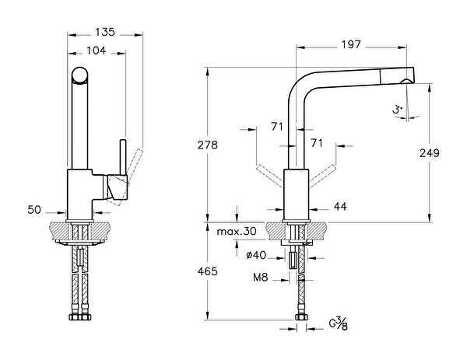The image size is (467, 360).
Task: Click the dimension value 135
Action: (x=105, y=32)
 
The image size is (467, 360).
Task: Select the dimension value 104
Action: (x=96, y=50)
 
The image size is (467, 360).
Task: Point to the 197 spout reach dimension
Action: (x=352, y=44)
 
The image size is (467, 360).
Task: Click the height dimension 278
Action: (x=207, y=145)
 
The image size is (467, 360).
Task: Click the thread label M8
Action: (x=261, y=277)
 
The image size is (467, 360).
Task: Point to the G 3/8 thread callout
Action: (x=339, y=321)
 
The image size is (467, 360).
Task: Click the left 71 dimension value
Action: (x=276, y=126)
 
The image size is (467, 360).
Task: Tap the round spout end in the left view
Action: (x=79, y=75)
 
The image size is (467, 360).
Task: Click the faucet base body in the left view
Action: (x=80, y=194)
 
